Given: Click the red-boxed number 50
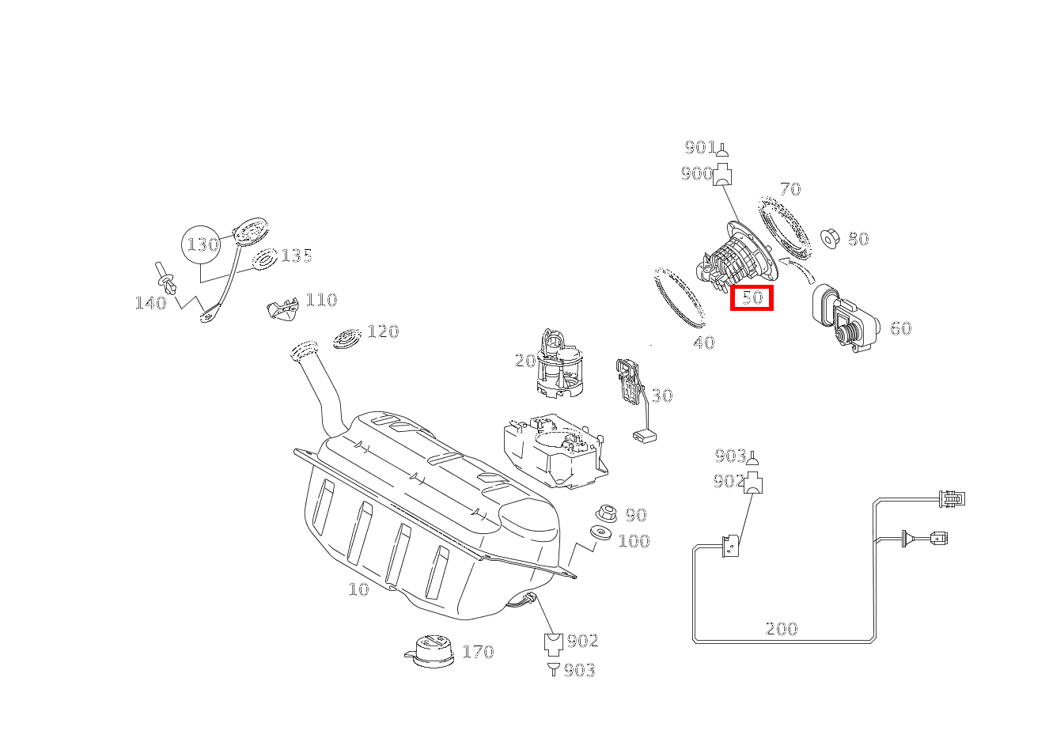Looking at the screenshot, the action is [752, 297].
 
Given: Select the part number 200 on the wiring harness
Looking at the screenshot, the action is [781, 628].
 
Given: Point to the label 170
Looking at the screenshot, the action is [478, 652].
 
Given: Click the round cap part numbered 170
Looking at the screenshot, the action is [430, 651].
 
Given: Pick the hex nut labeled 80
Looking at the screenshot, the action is [831, 239].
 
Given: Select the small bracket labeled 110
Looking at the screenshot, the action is [282, 309].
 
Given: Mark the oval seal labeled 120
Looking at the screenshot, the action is [347, 338].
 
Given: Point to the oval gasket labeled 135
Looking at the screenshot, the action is [265, 259].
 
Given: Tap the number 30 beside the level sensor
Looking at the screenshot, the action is [661, 396].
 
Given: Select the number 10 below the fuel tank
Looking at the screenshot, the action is [358, 589].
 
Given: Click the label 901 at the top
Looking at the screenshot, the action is [700, 147].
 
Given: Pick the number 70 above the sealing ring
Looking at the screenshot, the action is [790, 189].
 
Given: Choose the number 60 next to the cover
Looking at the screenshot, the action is [900, 328].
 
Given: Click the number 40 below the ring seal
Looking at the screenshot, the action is [704, 343].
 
